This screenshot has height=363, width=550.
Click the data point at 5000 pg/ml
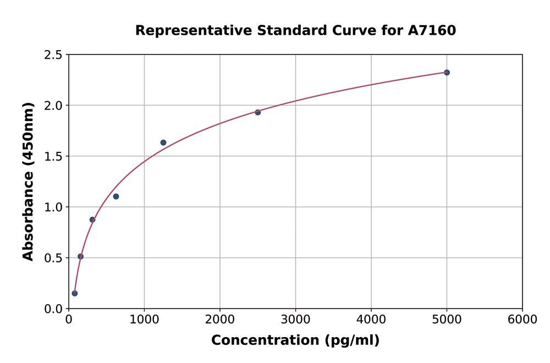[447, 73]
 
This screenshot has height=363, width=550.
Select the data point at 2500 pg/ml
[257, 112]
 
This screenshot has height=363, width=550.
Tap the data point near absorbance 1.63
[163, 142]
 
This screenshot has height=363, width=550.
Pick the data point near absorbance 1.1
[116, 196]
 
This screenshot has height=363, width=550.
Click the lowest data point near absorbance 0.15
[75, 293]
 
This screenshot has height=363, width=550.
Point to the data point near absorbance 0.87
[92, 219]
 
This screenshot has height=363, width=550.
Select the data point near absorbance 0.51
[81, 256]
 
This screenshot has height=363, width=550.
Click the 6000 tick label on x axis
[522, 320]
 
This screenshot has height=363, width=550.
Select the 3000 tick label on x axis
[295, 320]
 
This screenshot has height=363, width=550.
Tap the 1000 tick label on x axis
[144, 320]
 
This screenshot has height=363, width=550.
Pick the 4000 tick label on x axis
[371, 320]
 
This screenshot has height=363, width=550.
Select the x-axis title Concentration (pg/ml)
[295, 340]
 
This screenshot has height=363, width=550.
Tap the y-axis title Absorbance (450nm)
[28, 182]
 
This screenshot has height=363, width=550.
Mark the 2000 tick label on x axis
[220, 320]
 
